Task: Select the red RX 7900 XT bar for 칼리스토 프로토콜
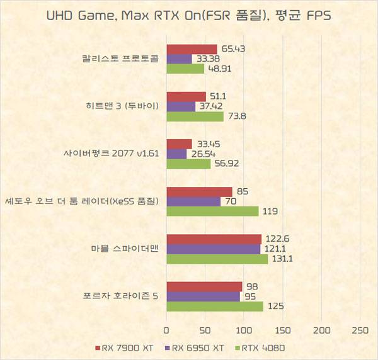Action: click(x=192, y=49)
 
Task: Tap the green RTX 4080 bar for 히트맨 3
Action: click(x=195, y=116)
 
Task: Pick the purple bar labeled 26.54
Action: click(x=177, y=154)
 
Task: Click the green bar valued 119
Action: click(x=213, y=211)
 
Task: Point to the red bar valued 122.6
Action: click(x=214, y=239)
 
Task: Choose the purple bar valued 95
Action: click(x=203, y=296)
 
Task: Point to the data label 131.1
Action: click(x=283, y=259)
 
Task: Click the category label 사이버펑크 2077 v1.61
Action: click(x=111, y=154)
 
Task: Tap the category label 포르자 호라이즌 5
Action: click(x=120, y=296)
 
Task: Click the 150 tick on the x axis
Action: click(x=283, y=330)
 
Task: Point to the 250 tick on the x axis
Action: click(x=360, y=330)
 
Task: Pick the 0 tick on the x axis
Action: click(x=167, y=330)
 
